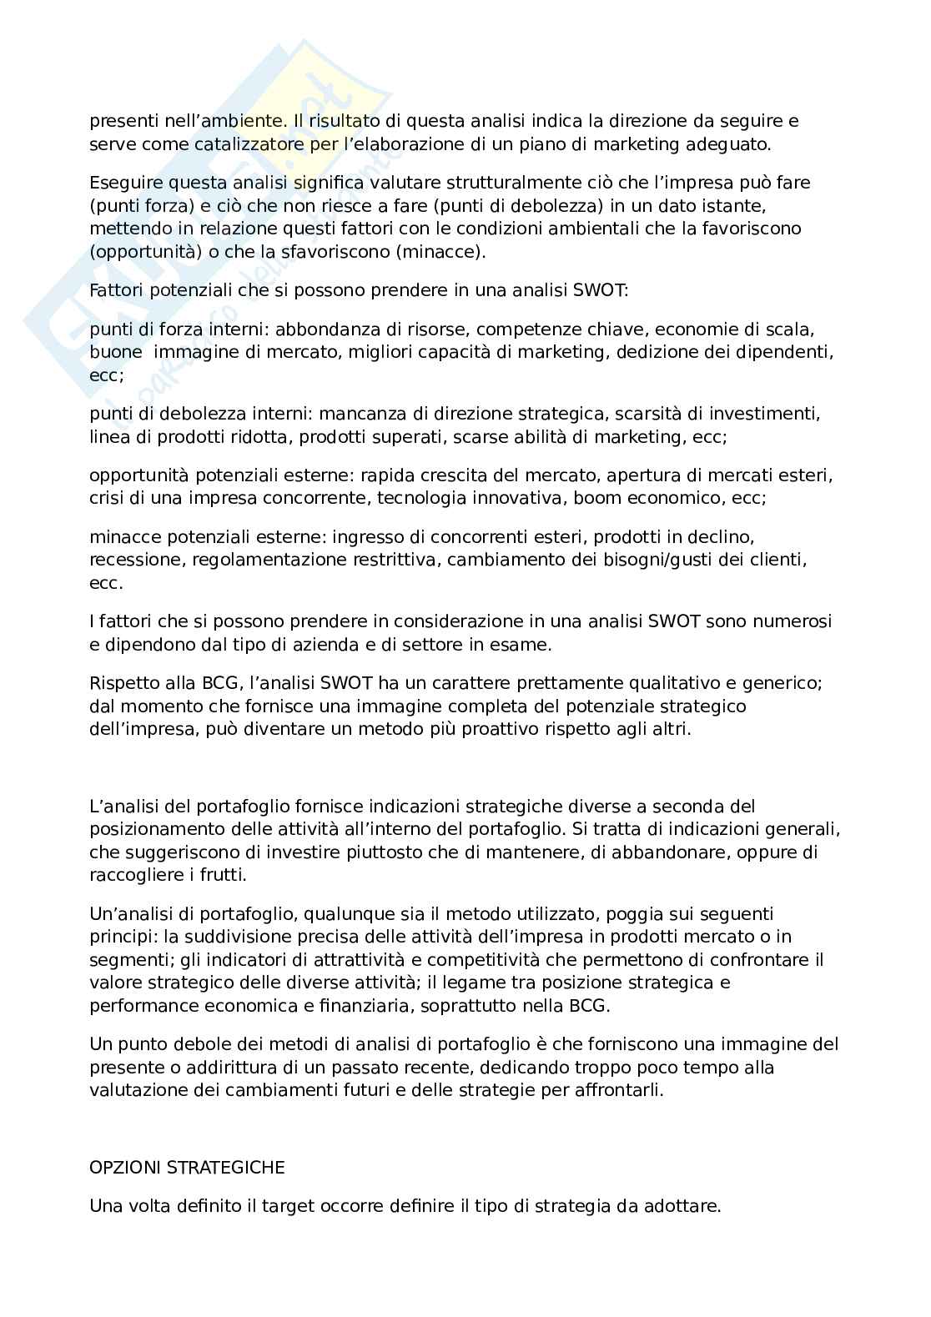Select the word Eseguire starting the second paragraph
(x=123, y=182)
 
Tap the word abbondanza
(x=319, y=329)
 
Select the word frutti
(x=223, y=875)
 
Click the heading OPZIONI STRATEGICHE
(x=187, y=1168)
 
